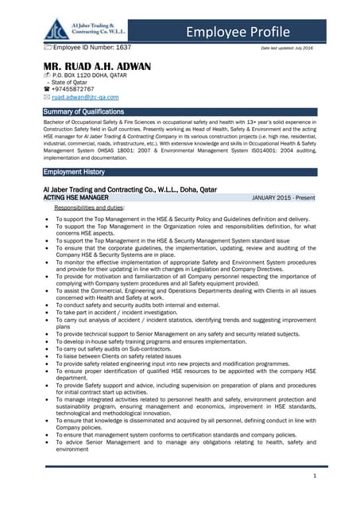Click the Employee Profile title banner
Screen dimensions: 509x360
239,31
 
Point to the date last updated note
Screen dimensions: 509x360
287,49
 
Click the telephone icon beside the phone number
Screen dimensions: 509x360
48,89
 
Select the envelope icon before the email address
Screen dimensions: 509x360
48,97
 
